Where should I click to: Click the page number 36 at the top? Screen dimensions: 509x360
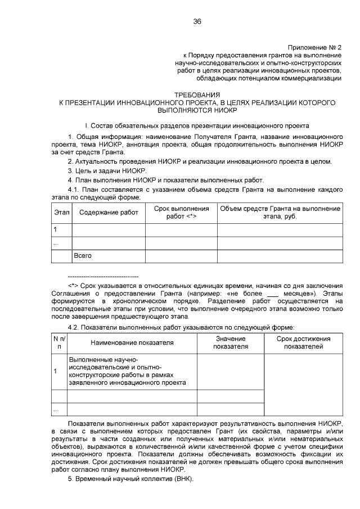[197, 21]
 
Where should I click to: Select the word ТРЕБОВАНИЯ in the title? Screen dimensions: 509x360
[197, 94]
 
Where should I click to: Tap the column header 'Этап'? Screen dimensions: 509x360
[61, 213]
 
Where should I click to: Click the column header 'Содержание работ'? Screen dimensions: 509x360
[109, 213]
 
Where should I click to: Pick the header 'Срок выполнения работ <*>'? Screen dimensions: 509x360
[181, 213]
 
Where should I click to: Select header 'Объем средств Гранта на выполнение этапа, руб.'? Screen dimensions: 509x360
[280, 213]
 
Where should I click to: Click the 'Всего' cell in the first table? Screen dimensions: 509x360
[83, 256]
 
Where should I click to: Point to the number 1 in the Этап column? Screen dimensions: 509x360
[55, 229]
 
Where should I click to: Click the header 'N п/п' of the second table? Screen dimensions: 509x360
[59, 342]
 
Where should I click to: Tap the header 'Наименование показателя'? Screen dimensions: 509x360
[132, 342]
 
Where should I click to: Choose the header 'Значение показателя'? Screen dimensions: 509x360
[230, 342]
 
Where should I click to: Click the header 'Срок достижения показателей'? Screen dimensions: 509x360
[303, 342]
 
